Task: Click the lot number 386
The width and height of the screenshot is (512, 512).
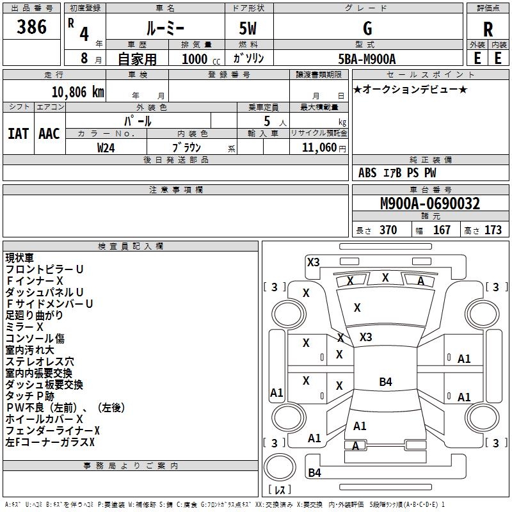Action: [31, 26]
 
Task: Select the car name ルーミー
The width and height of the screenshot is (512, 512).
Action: [165, 28]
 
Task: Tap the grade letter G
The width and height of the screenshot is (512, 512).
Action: [367, 28]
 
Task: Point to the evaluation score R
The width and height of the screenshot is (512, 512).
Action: [488, 29]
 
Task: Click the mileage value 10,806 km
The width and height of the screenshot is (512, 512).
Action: [77, 92]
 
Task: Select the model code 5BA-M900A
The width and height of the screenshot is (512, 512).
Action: [367, 59]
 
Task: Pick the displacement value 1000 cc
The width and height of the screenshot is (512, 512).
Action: [201, 59]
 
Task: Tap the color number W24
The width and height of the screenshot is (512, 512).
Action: [106, 148]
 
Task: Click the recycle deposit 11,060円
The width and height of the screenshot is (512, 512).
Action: [324, 148]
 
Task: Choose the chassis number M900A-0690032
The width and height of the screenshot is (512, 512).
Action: [430, 204]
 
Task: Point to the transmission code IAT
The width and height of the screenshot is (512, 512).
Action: [19, 134]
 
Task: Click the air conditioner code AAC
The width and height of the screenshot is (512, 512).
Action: [49, 134]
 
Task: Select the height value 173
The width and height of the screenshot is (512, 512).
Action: [493, 230]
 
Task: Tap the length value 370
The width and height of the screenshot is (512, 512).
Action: [388, 230]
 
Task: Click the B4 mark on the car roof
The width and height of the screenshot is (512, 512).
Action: [386, 381]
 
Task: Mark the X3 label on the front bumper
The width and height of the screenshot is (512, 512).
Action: [314, 262]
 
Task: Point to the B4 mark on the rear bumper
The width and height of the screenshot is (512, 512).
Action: [315, 472]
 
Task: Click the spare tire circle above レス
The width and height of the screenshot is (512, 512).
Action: [280, 467]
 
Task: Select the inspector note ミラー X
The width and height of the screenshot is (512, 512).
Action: [24, 326]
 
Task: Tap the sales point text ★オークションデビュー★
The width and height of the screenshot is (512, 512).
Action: [410, 89]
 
